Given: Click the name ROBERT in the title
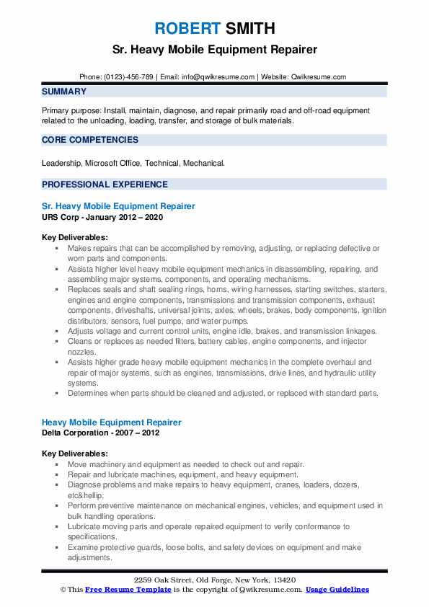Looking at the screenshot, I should (x=186, y=29).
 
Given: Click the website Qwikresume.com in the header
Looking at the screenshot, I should (x=319, y=76).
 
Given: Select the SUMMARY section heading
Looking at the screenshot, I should (x=64, y=92).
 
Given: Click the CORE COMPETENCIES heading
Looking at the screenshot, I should (x=90, y=140).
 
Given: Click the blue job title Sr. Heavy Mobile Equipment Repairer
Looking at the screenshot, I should (x=118, y=206).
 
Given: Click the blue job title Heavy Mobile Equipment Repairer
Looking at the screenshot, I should (x=112, y=422).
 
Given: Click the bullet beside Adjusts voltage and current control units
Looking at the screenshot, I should (x=57, y=330).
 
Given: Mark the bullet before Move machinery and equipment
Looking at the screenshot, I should (x=57, y=465).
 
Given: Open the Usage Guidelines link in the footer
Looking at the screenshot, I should (x=337, y=590).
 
